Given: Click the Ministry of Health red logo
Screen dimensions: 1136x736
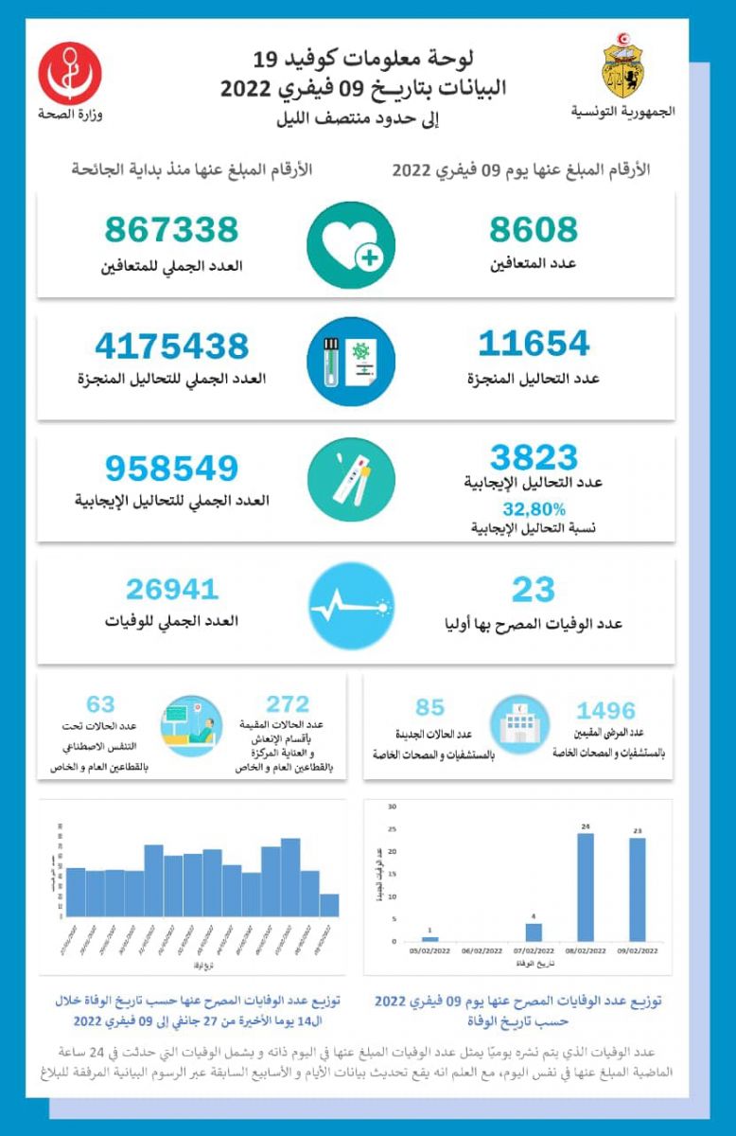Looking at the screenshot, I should tap(70, 72).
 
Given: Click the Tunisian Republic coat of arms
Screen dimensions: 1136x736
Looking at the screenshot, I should tap(623, 70).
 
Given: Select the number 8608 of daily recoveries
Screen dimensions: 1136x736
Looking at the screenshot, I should tap(534, 230).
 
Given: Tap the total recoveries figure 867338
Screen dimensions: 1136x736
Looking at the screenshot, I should tap(171, 230).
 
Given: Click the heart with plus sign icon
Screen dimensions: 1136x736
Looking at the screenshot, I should tap(351, 245).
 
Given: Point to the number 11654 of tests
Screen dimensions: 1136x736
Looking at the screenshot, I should tap(534, 343).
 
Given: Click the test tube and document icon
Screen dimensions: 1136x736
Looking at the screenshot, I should tap(351, 362).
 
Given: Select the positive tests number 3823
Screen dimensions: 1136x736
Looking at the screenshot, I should tap(534, 458).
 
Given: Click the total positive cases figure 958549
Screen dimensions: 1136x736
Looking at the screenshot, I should tap(171, 468).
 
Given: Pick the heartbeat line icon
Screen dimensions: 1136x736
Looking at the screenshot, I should tap(351, 607).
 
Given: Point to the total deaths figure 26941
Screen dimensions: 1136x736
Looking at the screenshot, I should tap(172, 589).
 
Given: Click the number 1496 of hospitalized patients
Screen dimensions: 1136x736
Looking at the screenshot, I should tap(605, 710).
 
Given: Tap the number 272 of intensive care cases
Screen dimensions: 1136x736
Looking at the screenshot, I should tap(288, 704).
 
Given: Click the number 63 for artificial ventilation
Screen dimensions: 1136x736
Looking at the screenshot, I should tap(100, 704).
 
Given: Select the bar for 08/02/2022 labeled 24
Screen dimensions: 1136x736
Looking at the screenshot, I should tap(586, 887).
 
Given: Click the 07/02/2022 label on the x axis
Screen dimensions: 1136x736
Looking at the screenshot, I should tap(534, 955).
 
